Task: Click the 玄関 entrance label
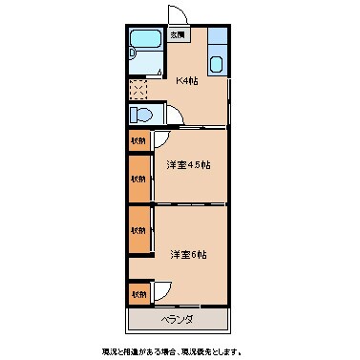(x=178, y=35)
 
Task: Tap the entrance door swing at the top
(x=177, y=16)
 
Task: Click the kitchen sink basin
(x=217, y=65)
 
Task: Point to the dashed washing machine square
(x=139, y=90)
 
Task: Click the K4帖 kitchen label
(x=186, y=80)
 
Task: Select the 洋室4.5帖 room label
(x=188, y=165)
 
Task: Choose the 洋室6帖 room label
(x=188, y=254)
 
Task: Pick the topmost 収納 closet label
(x=139, y=140)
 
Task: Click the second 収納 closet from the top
(x=139, y=179)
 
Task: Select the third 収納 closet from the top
(x=139, y=230)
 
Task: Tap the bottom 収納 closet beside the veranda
(x=139, y=293)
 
